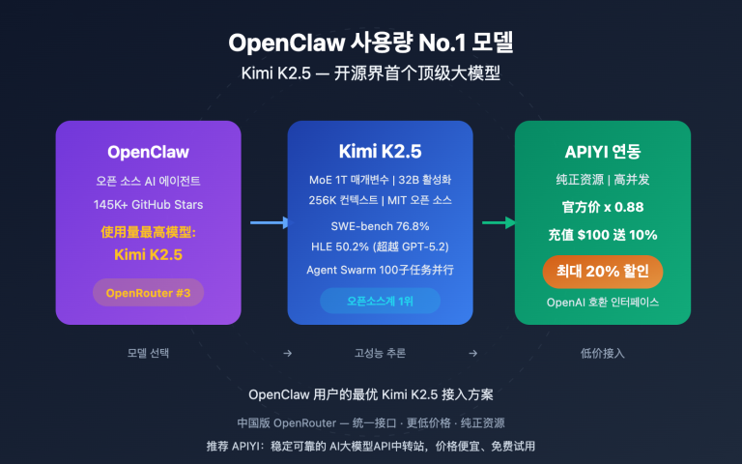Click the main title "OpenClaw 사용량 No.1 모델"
pyautogui.click(x=371, y=43)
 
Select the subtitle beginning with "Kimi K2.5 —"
pyautogui.click(x=371, y=74)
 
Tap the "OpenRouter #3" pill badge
pyautogui.click(x=148, y=292)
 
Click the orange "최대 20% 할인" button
pyautogui.click(x=602, y=270)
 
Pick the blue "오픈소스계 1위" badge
pyautogui.click(x=380, y=301)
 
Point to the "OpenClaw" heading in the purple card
pyautogui.click(x=148, y=152)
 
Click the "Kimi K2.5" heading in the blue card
pyautogui.click(x=380, y=152)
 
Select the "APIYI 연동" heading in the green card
pyautogui.click(x=602, y=152)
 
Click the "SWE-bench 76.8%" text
pyautogui.click(x=380, y=224)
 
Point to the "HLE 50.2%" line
pyautogui.click(x=380, y=246)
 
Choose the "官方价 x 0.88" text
pyautogui.click(x=602, y=207)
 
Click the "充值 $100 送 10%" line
pyautogui.click(x=602, y=234)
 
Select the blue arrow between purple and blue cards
pyautogui.click(x=269, y=223)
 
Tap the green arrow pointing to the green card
pyautogui.click(x=498, y=223)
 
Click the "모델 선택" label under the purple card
pyautogui.click(x=148, y=353)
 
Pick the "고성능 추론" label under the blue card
pyautogui.click(x=380, y=353)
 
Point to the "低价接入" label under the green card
pyautogui.click(x=602, y=353)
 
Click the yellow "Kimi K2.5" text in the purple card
pyautogui.click(x=148, y=255)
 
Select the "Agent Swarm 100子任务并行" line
pyautogui.click(x=380, y=270)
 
